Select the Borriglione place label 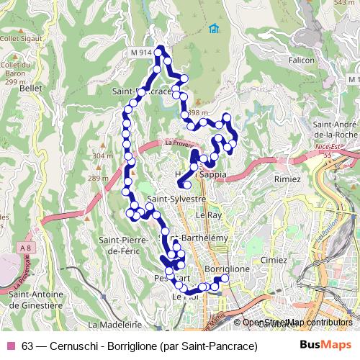[227, 269]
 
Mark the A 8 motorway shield [27, 248]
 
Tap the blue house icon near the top [212, 29]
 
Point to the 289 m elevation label [99, 178]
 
